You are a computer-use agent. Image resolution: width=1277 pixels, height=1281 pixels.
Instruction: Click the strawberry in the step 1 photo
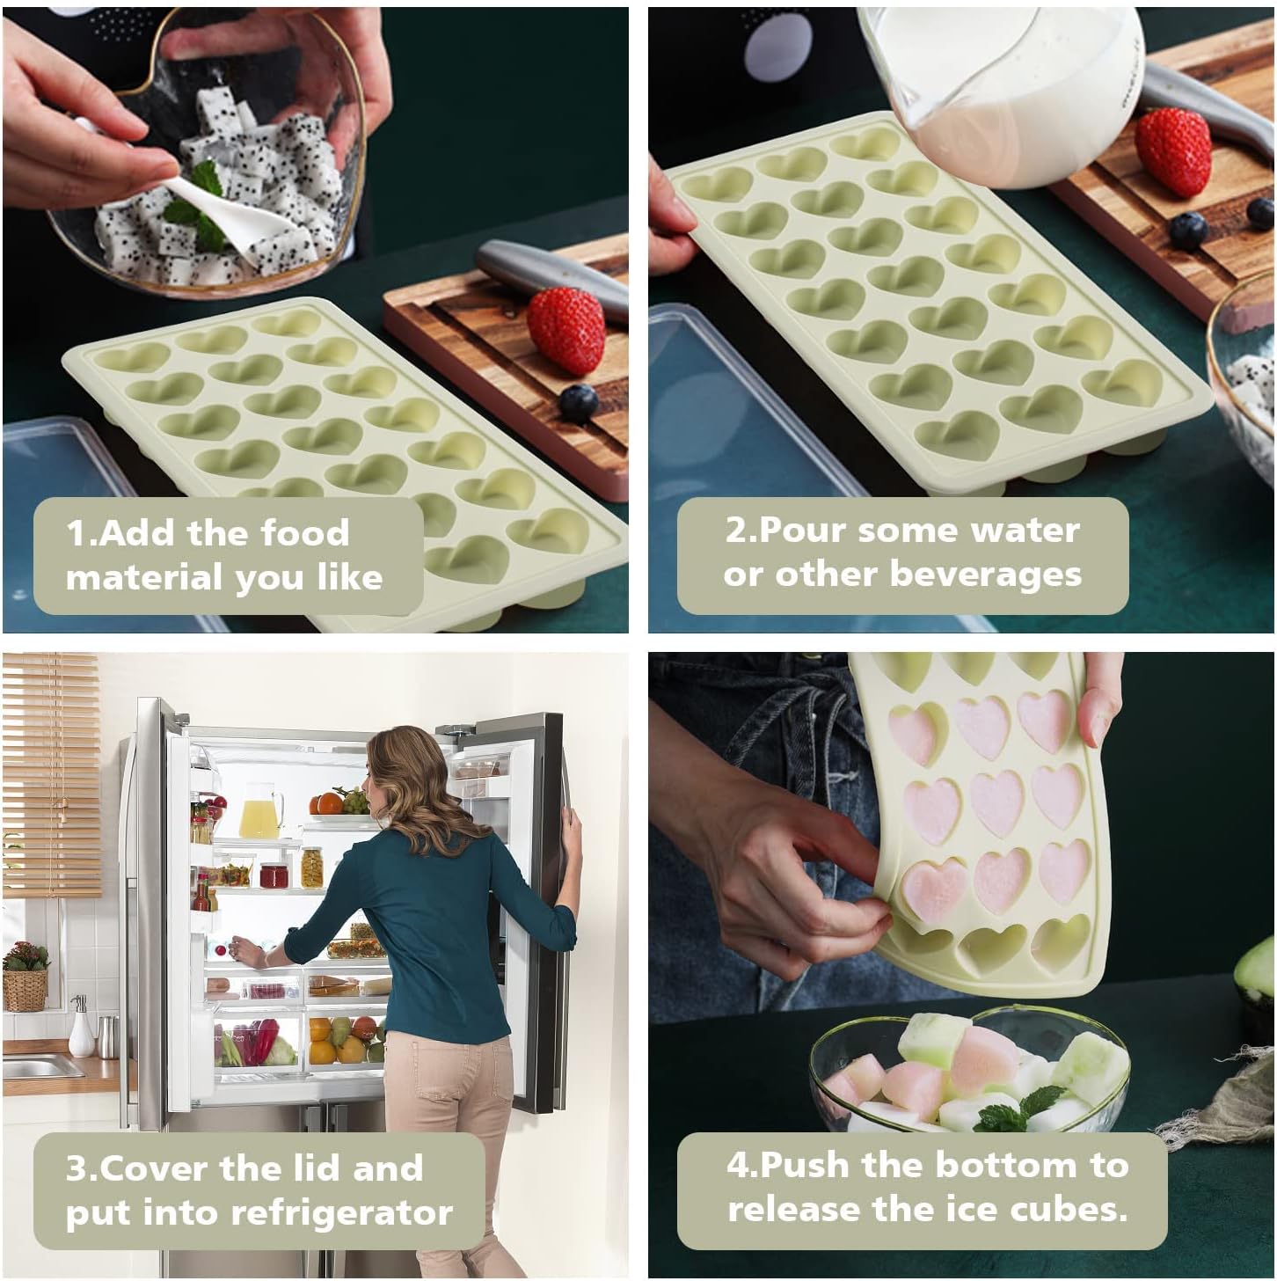[x=566, y=330]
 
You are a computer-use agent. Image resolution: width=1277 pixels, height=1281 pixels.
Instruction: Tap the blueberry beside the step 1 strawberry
[x=579, y=404]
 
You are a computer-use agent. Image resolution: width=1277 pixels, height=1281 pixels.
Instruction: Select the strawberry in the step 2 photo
[x=1172, y=152]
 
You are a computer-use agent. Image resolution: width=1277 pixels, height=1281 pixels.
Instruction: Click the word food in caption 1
[x=304, y=532]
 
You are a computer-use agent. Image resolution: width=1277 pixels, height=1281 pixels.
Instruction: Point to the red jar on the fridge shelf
[x=274, y=876]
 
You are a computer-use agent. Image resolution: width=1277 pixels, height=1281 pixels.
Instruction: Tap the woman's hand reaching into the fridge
[x=246, y=951]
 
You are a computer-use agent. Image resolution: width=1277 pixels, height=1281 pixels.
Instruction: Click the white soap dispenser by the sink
[x=81, y=1028]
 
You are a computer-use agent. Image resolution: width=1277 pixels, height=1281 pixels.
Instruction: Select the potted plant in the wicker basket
[x=26, y=975]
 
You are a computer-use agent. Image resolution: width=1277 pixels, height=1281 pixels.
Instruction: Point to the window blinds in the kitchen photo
[x=51, y=774]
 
